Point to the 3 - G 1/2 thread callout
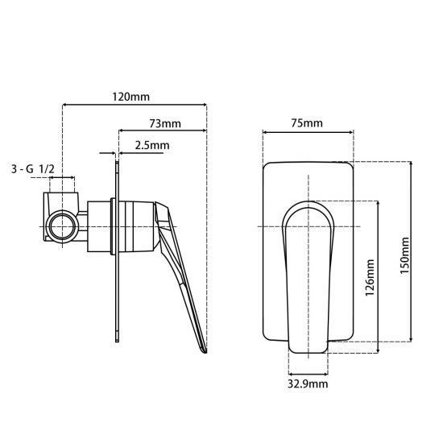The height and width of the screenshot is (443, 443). coord(32,169)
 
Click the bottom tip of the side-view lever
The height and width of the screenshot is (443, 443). coord(204,350)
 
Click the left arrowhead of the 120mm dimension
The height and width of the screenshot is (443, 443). coord(64,105)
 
